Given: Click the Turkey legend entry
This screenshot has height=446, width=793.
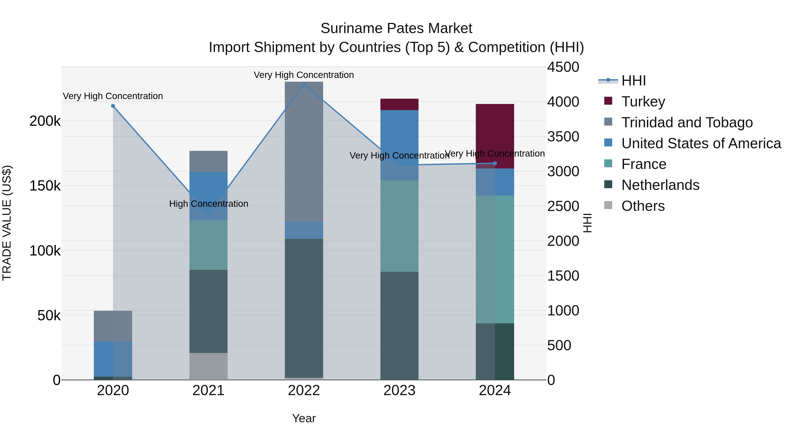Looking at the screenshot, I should tap(643, 102).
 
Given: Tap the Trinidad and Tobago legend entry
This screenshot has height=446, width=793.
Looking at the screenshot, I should tap(686, 122).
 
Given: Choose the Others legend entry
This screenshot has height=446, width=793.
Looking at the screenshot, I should tap(643, 206).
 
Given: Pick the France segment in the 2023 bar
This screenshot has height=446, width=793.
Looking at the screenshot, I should tap(399, 226).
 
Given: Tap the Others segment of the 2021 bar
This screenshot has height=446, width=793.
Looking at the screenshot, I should tap(208, 366).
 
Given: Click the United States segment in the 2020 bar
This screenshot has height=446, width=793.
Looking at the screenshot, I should tap(113, 359).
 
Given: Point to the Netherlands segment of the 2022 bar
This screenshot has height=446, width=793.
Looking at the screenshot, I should tap(304, 308).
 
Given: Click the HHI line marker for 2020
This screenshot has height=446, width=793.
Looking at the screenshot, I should tap(113, 106).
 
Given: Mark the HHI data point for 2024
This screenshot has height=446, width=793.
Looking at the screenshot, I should tap(495, 163).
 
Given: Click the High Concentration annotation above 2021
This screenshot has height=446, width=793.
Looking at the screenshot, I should tap(208, 204).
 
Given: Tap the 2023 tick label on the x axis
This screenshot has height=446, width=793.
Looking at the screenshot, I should tap(399, 390).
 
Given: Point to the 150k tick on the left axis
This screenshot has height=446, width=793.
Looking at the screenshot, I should tap(45, 186).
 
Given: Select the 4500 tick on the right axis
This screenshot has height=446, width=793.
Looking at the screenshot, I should tap(563, 67).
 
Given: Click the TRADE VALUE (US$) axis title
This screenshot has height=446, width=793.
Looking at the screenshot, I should tap(7, 223).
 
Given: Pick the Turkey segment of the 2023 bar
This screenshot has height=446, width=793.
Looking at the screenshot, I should tap(399, 104).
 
